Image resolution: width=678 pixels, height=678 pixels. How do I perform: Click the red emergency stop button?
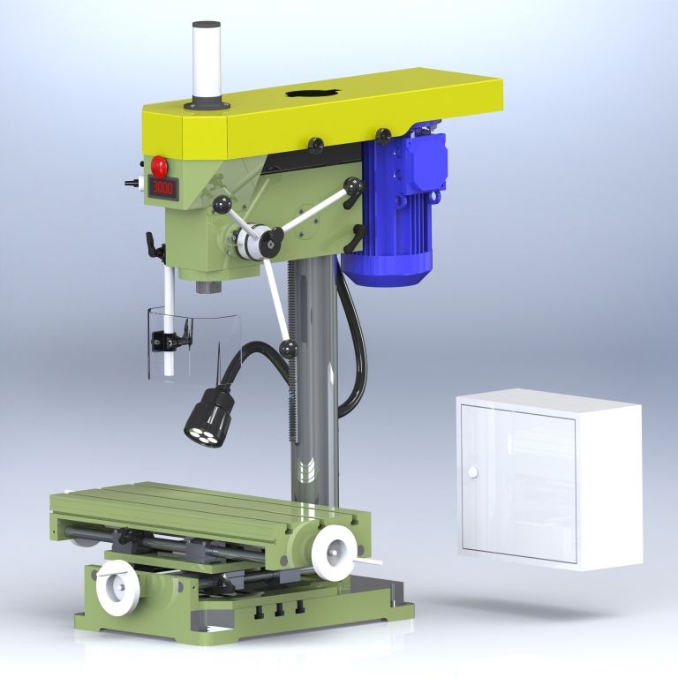pos(159,166)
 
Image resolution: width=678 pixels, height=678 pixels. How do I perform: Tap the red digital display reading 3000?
pos(163,188)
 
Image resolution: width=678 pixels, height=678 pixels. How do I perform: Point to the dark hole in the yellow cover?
pos(313,93)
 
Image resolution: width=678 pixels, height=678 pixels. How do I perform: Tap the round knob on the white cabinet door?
pos(473,472)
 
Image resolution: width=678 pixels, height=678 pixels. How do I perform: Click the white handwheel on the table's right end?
pos(335,554)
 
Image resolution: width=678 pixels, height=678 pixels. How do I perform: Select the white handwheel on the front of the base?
pos(117,587)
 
